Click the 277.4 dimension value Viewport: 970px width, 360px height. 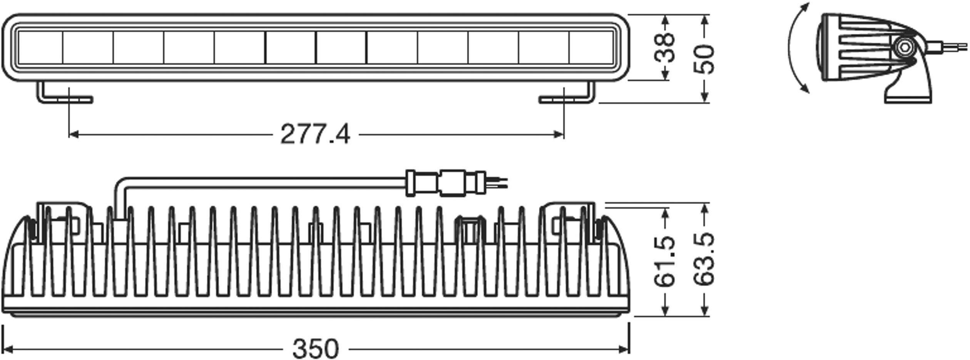(315, 135)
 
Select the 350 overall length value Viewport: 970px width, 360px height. (315, 349)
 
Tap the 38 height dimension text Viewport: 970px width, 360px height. (665, 48)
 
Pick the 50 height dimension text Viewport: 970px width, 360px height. (704, 59)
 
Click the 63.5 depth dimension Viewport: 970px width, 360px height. (704, 259)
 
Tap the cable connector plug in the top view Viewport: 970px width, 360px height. (447, 183)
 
